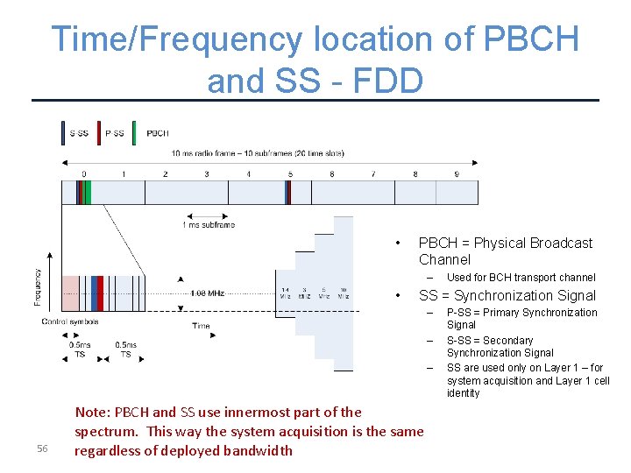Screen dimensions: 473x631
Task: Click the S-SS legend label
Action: point(79,133)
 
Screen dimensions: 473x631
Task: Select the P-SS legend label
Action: point(115,133)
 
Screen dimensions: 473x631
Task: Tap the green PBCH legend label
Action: point(158,133)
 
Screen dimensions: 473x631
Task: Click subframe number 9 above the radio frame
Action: point(457,174)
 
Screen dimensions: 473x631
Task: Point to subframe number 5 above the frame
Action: point(290,174)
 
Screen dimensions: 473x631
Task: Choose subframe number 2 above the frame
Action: point(165,174)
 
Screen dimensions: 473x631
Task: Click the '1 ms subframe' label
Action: point(208,225)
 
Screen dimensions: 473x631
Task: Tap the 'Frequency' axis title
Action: point(37,286)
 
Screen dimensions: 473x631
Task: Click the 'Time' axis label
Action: point(201,326)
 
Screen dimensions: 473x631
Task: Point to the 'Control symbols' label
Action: point(70,321)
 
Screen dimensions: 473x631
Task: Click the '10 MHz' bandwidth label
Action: point(343,293)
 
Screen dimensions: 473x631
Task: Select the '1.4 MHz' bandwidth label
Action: point(286,293)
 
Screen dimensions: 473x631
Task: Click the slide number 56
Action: point(42,449)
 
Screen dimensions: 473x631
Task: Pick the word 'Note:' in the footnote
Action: point(94,412)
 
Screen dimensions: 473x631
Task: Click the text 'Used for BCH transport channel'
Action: point(521,278)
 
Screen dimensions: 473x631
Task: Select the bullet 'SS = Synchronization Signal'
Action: point(507,295)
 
